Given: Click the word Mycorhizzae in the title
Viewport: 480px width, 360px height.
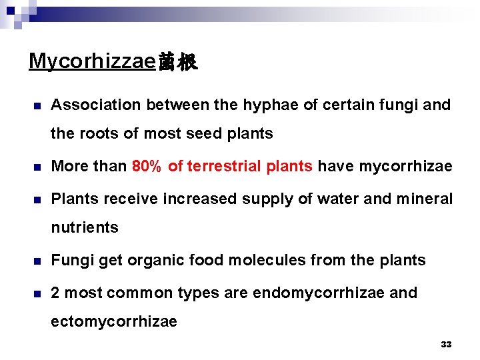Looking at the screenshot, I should (92, 62).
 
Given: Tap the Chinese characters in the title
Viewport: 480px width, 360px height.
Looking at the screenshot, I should (177, 63).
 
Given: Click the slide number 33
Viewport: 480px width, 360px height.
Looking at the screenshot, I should (446, 345).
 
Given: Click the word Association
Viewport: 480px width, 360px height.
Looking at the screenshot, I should (96, 105).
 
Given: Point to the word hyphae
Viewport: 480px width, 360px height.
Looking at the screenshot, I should (284, 105).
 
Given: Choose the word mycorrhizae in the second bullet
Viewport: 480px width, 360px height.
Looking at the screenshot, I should (405, 166).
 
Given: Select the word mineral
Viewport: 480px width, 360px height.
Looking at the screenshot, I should (425, 199).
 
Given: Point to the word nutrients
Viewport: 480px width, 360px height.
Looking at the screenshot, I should (85, 227).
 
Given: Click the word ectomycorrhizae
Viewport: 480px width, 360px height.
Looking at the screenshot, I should (114, 321).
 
